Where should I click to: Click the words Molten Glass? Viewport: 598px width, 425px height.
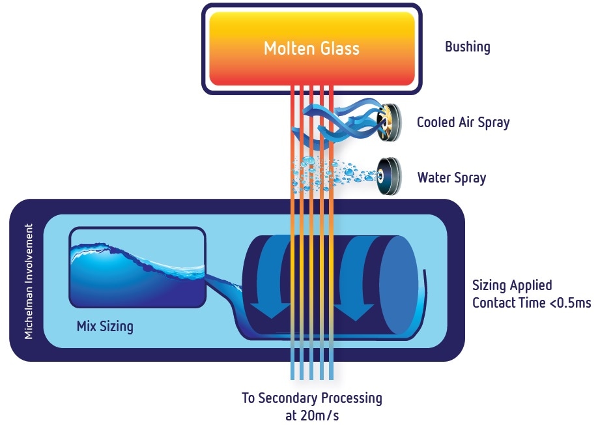[x=311, y=48]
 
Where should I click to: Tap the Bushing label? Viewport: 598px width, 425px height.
[x=467, y=47]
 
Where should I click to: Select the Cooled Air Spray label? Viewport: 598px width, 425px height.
[x=463, y=122]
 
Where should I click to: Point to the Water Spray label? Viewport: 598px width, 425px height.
[x=451, y=177]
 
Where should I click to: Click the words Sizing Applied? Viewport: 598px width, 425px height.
[x=512, y=286]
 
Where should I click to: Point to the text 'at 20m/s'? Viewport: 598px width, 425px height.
[x=312, y=413]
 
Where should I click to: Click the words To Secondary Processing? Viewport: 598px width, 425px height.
[x=312, y=398]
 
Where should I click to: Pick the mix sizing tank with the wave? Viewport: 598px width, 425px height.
[x=137, y=268]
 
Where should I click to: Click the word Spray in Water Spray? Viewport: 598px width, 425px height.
[x=470, y=177]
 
